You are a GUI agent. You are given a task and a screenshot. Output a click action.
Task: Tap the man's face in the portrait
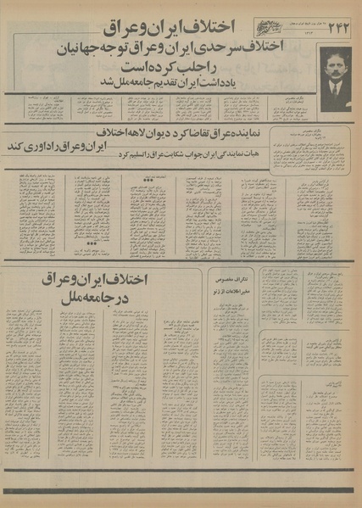click(335, 69)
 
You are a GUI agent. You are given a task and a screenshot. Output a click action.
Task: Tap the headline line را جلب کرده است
click(181, 66)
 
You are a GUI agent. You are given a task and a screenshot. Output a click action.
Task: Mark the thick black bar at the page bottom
click(181, 491)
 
